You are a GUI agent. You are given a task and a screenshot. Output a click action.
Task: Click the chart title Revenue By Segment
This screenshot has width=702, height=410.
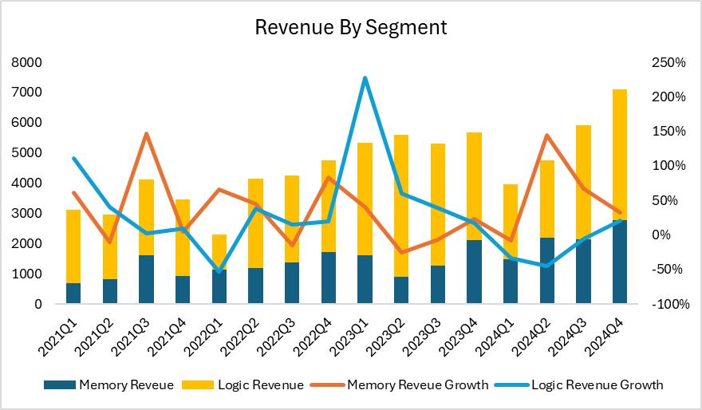coord(350,27)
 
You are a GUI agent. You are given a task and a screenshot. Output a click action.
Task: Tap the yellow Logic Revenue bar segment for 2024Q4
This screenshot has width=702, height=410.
coord(620,152)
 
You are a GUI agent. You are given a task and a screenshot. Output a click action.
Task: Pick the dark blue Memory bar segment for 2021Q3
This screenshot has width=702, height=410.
coord(146,279)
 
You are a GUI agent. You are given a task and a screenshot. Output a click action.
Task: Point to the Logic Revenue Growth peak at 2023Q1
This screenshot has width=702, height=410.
coord(365,78)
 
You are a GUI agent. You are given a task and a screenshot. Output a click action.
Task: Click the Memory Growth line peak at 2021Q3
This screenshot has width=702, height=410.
coord(146,133)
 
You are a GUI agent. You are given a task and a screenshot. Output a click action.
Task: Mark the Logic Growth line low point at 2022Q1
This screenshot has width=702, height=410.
coord(219,271)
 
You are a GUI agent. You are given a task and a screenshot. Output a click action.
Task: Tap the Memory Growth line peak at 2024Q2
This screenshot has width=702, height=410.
coord(546,136)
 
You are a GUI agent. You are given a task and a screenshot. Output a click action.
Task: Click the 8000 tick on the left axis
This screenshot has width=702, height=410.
coord(28,62)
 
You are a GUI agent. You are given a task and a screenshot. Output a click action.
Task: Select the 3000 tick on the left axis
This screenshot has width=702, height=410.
coord(28,214)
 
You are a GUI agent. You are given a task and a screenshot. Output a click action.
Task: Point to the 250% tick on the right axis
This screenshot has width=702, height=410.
coord(668,62)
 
